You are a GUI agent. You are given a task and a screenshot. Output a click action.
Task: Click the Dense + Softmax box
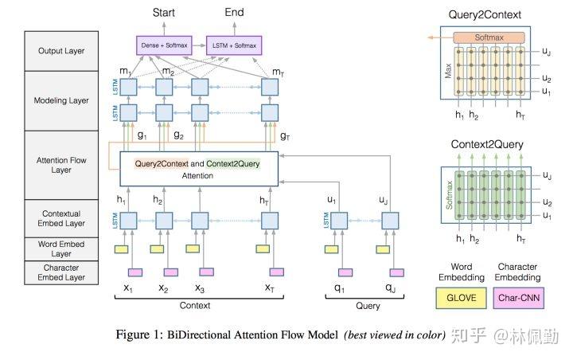tap(164, 45)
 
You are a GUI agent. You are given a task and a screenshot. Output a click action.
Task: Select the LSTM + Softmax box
tap(234, 45)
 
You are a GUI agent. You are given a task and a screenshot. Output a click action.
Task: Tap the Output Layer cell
tap(61, 51)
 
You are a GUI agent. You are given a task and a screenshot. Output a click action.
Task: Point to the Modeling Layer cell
tap(61, 100)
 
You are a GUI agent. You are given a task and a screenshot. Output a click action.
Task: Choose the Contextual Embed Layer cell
tap(61, 218)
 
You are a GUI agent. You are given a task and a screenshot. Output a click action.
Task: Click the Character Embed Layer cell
tap(61, 272)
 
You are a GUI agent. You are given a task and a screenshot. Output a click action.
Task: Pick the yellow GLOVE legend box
tap(461, 298)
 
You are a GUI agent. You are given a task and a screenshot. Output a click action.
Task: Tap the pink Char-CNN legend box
tap(519, 298)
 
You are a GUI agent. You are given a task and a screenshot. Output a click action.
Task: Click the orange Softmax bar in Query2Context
tap(489, 37)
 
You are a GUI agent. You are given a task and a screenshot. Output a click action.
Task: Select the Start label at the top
tap(164, 13)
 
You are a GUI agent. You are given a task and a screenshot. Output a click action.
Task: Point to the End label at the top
tap(234, 12)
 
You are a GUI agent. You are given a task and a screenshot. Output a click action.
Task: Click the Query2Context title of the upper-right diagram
tap(485, 14)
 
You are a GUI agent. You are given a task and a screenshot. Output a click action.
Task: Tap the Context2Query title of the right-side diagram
tap(487, 144)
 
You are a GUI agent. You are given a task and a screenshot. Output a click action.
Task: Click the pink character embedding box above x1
tap(135, 272)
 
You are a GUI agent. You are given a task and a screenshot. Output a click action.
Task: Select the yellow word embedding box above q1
tap(331, 249)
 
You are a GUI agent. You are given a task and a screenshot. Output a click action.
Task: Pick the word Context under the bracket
tap(195, 306)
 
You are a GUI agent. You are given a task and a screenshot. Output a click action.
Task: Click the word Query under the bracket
tap(368, 306)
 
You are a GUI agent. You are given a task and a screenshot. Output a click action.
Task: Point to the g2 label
tap(179, 135)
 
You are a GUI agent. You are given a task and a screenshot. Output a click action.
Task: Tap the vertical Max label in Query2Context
tap(448, 71)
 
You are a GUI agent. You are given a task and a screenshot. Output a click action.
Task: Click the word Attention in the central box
tap(197, 176)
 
